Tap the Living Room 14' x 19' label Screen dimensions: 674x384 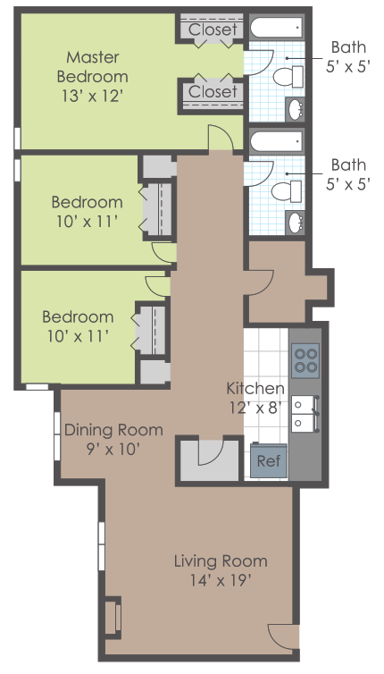[x=220, y=570]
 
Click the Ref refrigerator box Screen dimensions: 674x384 [x=266, y=461]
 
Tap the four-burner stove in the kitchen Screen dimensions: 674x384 [x=305, y=359]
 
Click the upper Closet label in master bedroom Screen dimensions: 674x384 [x=213, y=29]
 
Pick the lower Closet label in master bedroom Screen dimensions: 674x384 [x=213, y=91]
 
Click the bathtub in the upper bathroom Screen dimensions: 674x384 [x=276, y=27]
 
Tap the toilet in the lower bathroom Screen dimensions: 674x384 [x=284, y=190]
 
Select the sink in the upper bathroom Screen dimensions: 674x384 [x=297, y=110]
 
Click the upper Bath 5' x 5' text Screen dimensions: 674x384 [x=348, y=56]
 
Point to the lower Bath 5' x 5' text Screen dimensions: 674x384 [x=348, y=173]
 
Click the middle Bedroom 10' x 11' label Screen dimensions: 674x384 [x=87, y=211]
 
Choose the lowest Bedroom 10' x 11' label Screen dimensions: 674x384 [x=79, y=326]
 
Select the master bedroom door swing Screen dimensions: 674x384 [x=220, y=139]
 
